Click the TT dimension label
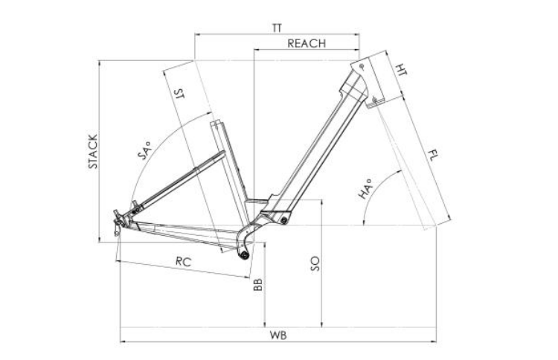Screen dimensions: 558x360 tap(277, 28)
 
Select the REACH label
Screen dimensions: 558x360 tap(307, 43)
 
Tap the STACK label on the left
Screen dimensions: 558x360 tap(92, 152)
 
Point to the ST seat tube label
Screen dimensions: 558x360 tap(179, 93)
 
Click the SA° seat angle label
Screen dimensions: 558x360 tap(144, 150)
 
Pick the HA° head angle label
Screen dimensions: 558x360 tap(365, 189)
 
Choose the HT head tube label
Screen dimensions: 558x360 tap(401, 70)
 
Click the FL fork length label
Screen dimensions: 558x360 tap(433, 155)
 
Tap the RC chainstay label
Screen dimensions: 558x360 tap(183, 262)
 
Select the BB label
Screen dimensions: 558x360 tap(257, 285)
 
